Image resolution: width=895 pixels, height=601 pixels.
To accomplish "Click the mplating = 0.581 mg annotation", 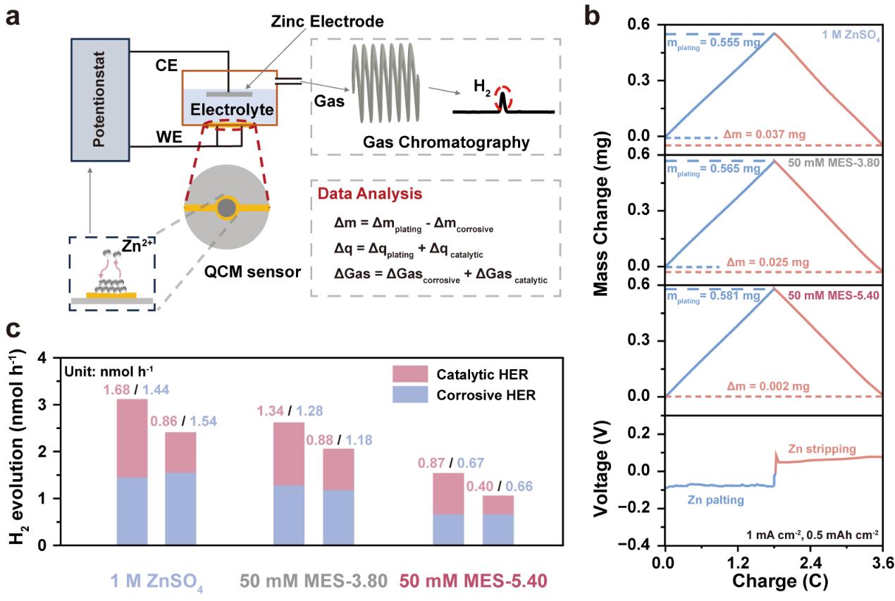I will [714, 297].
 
